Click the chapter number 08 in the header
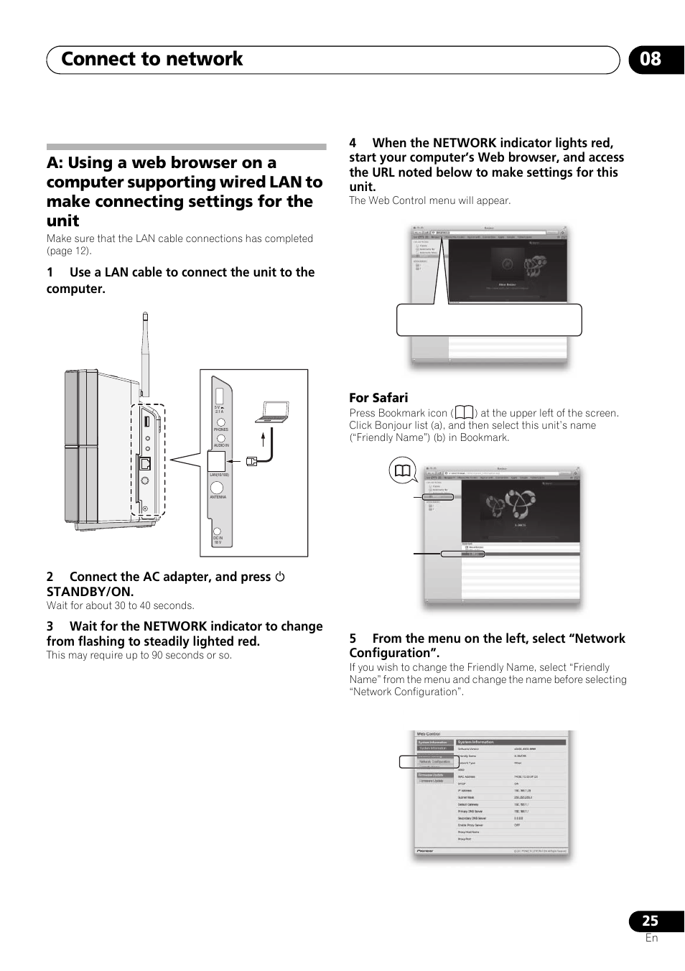pyautogui.click(x=651, y=60)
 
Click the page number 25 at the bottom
pyautogui.click(x=650, y=921)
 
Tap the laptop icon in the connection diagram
pyautogui.click(x=273, y=412)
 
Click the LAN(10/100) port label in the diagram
pyautogui.click(x=219, y=475)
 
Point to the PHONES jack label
pyautogui.click(x=220, y=429)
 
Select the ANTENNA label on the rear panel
pyautogui.click(x=218, y=497)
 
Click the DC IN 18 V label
pyautogui.click(x=218, y=540)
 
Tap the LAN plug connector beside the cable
pyautogui.click(x=251, y=461)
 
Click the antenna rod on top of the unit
pyautogui.click(x=145, y=352)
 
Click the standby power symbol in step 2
pyautogui.click(x=280, y=577)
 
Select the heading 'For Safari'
pyautogui.click(x=378, y=398)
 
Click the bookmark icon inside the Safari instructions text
pyautogui.click(x=464, y=413)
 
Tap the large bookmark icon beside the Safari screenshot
pyautogui.click(x=402, y=471)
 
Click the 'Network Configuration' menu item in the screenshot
pyautogui.click(x=435, y=761)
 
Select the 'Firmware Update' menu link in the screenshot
pyautogui.click(x=432, y=781)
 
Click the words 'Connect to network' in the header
pyautogui.click(x=152, y=60)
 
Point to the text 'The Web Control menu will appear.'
pyautogui.click(x=429, y=201)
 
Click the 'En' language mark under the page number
pyautogui.click(x=651, y=938)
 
